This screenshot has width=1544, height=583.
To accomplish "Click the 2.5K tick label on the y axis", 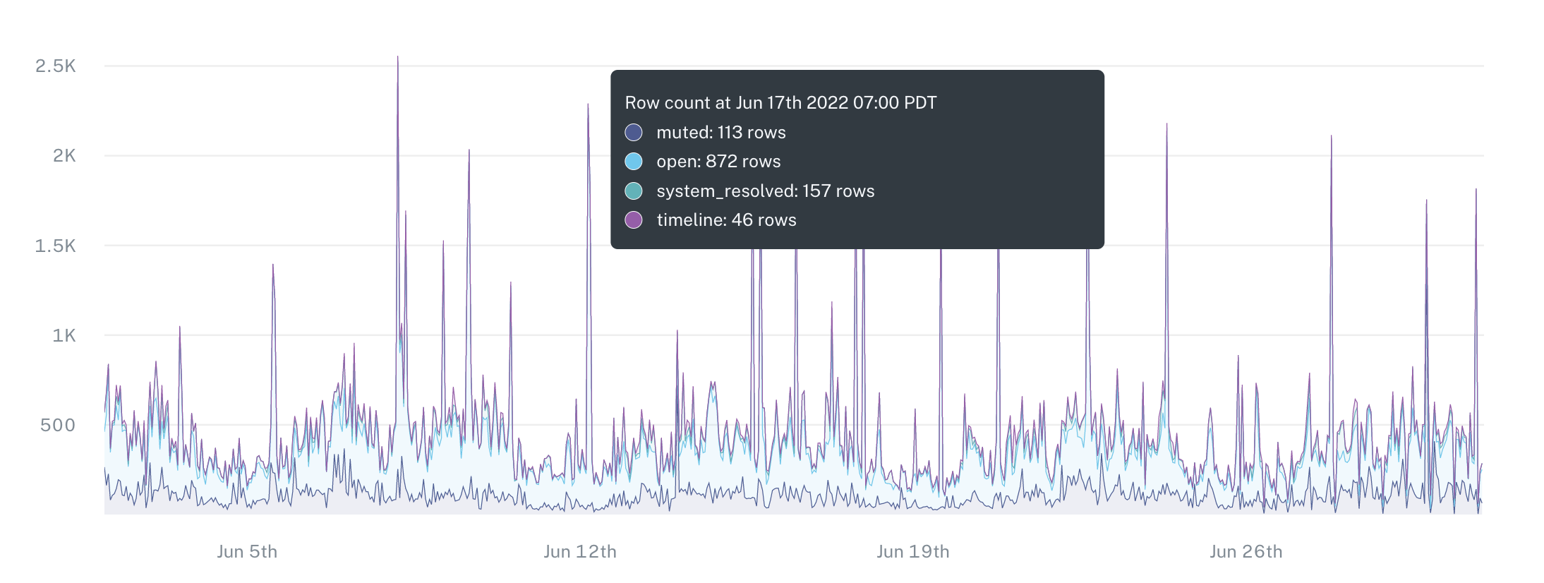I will point(56,66).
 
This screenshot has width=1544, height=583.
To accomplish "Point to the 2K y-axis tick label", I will point(64,156).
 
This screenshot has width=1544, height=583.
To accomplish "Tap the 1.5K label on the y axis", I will point(56,246).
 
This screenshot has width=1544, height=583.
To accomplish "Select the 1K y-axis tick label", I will point(64,335).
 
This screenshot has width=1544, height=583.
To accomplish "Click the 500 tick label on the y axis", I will point(58,425).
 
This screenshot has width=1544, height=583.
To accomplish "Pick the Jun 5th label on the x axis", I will point(247,552).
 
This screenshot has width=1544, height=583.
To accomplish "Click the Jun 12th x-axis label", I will point(580,552).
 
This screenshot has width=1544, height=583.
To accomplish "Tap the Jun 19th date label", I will point(913,552).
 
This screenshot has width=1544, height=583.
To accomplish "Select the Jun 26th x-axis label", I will point(1246,552).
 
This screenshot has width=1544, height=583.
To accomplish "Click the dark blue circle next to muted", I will point(634,133).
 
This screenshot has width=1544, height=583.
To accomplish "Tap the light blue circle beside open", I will point(634,162).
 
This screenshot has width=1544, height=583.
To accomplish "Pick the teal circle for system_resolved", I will point(634,191).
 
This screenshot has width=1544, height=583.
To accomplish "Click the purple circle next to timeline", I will point(634,220).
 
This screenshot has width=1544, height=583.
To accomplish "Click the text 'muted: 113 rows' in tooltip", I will point(720,133).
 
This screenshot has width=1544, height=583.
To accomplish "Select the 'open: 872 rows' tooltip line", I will point(718,162).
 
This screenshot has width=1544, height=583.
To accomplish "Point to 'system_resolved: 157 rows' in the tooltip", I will point(765,191).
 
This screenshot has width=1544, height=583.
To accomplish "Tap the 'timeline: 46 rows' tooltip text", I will point(726,220).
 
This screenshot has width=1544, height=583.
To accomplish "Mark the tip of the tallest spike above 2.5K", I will point(398,57).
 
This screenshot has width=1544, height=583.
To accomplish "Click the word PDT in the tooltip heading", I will point(920,103).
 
